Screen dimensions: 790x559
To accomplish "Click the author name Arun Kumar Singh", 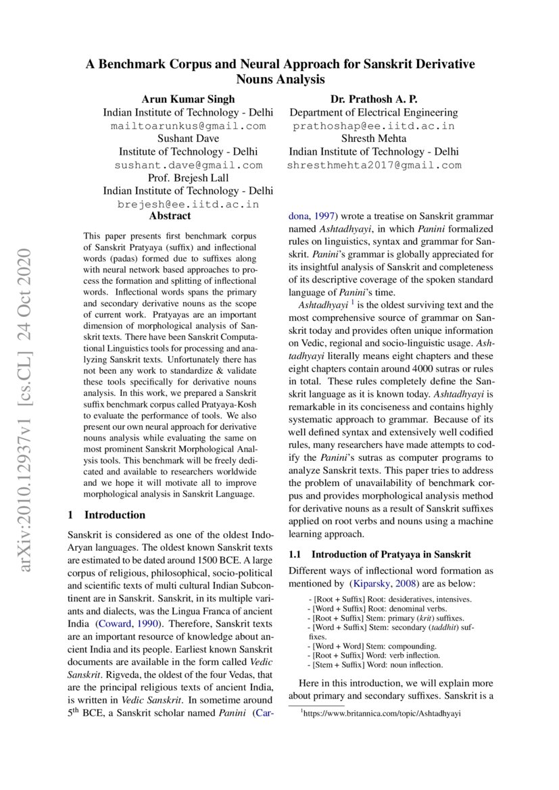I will pyautogui.click(x=188, y=99).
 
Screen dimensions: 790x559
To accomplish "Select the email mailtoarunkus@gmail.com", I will pyautogui.click(x=188, y=126).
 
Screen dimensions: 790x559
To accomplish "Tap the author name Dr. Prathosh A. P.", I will pyautogui.click(x=374, y=99).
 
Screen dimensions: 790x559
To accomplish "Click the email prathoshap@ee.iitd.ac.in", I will pyautogui.click(x=374, y=126).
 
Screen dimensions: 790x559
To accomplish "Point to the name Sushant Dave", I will pyautogui.click(x=188, y=139).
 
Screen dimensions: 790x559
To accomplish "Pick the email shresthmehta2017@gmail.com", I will pyautogui.click(x=374, y=165).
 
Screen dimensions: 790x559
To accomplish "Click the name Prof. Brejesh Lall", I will pyautogui.click(x=188, y=178).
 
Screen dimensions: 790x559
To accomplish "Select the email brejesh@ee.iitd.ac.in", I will pyautogui.click(x=188, y=204).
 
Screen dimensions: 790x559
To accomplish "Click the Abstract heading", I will pyautogui.click(x=170, y=216).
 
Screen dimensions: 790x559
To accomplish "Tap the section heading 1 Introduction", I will pyautogui.click(x=107, y=514).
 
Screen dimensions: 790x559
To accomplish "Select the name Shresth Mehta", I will pyautogui.click(x=374, y=139).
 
